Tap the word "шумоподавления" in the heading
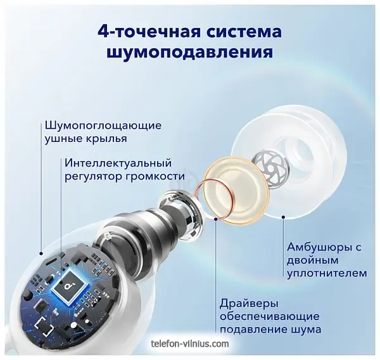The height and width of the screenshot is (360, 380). pyautogui.click(x=190, y=52)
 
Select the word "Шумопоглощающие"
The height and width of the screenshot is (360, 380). pyautogui.click(x=103, y=126)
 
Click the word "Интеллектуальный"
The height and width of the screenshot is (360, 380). pyautogui.click(x=118, y=164)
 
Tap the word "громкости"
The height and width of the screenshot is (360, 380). pyautogui.click(x=155, y=177)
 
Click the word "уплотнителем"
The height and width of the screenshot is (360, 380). pyautogui.click(x=327, y=273)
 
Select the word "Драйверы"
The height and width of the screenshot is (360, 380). pyautogui.click(x=249, y=304)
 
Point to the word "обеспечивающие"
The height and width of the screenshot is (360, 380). pyautogui.click(x=270, y=317)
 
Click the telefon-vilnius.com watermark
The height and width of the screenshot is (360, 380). pyautogui.click(x=189, y=344)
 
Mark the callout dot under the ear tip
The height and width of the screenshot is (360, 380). pyautogui.click(x=283, y=217)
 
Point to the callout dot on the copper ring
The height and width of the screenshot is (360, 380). pyautogui.click(x=216, y=219)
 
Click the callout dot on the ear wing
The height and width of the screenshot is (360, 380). pyautogui.click(x=41, y=254)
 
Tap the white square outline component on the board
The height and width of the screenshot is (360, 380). pyautogui.click(x=44, y=326)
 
